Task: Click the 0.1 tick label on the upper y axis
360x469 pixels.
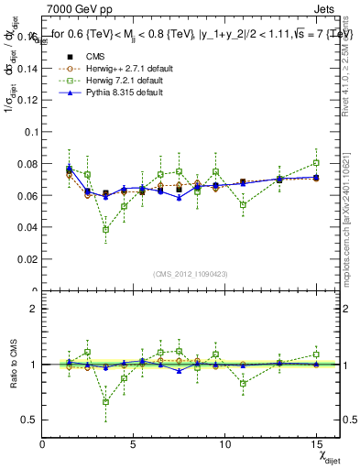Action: [x=30, y=131]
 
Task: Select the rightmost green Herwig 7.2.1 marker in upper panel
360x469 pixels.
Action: [x=316, y=163]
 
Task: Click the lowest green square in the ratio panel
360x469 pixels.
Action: [x=106, y=401]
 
